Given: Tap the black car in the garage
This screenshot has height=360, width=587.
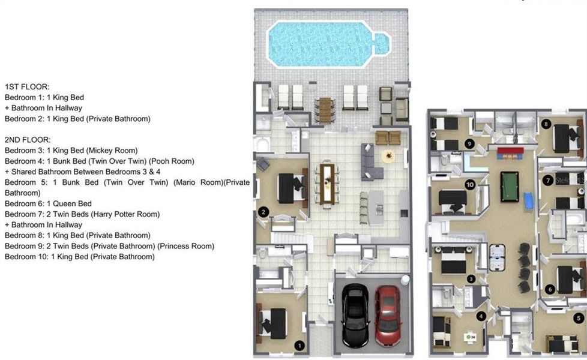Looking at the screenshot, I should (355, 315).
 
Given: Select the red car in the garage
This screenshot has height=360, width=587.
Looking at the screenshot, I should (388, 315).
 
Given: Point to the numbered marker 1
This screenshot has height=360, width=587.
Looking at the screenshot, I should (300, 345).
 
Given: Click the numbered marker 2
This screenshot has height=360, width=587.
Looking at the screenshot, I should (262, 211).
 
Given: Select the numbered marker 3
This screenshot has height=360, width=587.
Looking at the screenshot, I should (472, 278).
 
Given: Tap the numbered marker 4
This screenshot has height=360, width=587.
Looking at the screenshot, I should (481, 316).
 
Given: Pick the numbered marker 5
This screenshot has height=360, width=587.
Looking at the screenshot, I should (578, 318).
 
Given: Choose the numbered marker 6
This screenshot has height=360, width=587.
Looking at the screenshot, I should (550, 289).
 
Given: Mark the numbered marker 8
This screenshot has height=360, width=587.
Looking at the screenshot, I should (546, 124).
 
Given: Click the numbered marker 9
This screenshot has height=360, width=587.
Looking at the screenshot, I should (469, 143).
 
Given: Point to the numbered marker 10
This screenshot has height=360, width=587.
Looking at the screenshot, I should (469, 185).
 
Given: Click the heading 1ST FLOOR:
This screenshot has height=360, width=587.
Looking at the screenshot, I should (27, 87).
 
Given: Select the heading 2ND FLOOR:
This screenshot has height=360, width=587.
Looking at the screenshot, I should (28, 140).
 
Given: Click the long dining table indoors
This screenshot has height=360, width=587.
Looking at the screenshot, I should (327, 183).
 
